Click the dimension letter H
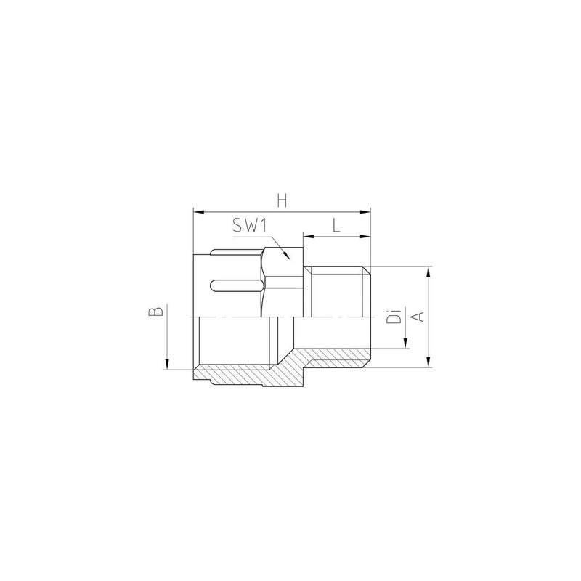coord(282,201)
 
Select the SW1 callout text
coord(250,225)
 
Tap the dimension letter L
coord(336,225)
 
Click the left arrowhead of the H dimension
coord(198,212)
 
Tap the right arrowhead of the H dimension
coord(365,212)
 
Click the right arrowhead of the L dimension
coord(365,236)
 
